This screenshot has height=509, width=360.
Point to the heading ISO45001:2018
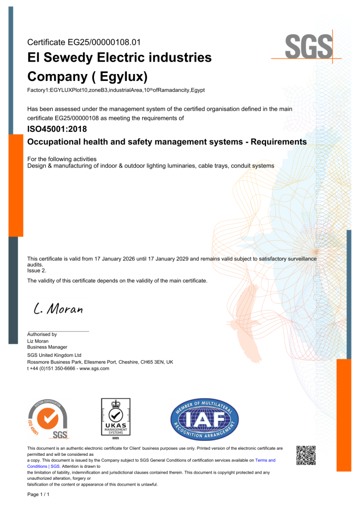coord(57,129)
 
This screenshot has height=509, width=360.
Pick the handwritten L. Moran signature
coord(58,309)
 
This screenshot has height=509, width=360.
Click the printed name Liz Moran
coord(38,341)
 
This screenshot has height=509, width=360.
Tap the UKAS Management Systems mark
coord(115,419)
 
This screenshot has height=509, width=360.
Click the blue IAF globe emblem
coord(204,419)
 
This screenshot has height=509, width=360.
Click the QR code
coord(306,455)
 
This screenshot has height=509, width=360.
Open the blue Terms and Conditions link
coord(265,460)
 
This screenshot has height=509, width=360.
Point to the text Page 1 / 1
coord(38,495)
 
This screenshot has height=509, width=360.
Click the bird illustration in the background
coord(249,318)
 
